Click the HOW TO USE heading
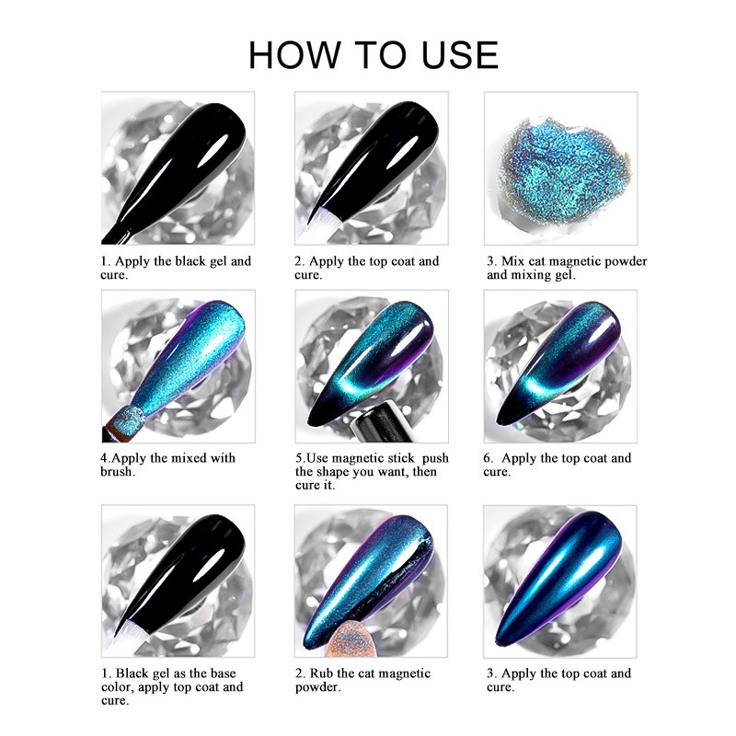click(374, 55)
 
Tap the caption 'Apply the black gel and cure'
click(176, 268)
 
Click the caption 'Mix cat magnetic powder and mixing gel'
click(567, 268)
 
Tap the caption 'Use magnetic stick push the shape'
click(372, 471)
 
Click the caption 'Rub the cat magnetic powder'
click(362, 680)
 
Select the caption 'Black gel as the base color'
click(172, 686)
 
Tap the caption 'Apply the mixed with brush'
click(167, 465)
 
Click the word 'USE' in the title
click(459, 55)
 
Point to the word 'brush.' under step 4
click(118, 471)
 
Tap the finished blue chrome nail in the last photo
click(558, 578)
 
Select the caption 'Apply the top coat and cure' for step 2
click(366, 268)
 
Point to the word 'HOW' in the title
click(293, 55)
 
